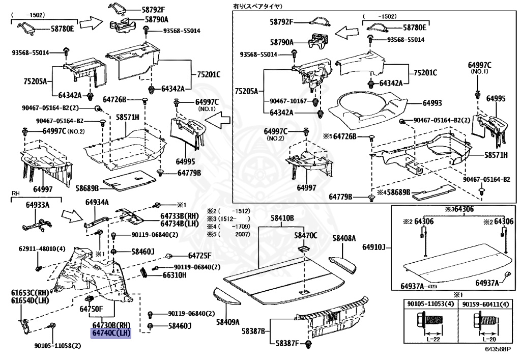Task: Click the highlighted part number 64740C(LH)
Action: pos(111,333)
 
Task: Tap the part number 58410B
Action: pos(282,218)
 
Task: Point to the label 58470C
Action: pos(306,235)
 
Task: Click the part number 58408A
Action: pos(344,238)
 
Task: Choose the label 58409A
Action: pos(227,321)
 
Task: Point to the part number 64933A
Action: pos(38,205)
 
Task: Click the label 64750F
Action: pos(92,309)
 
